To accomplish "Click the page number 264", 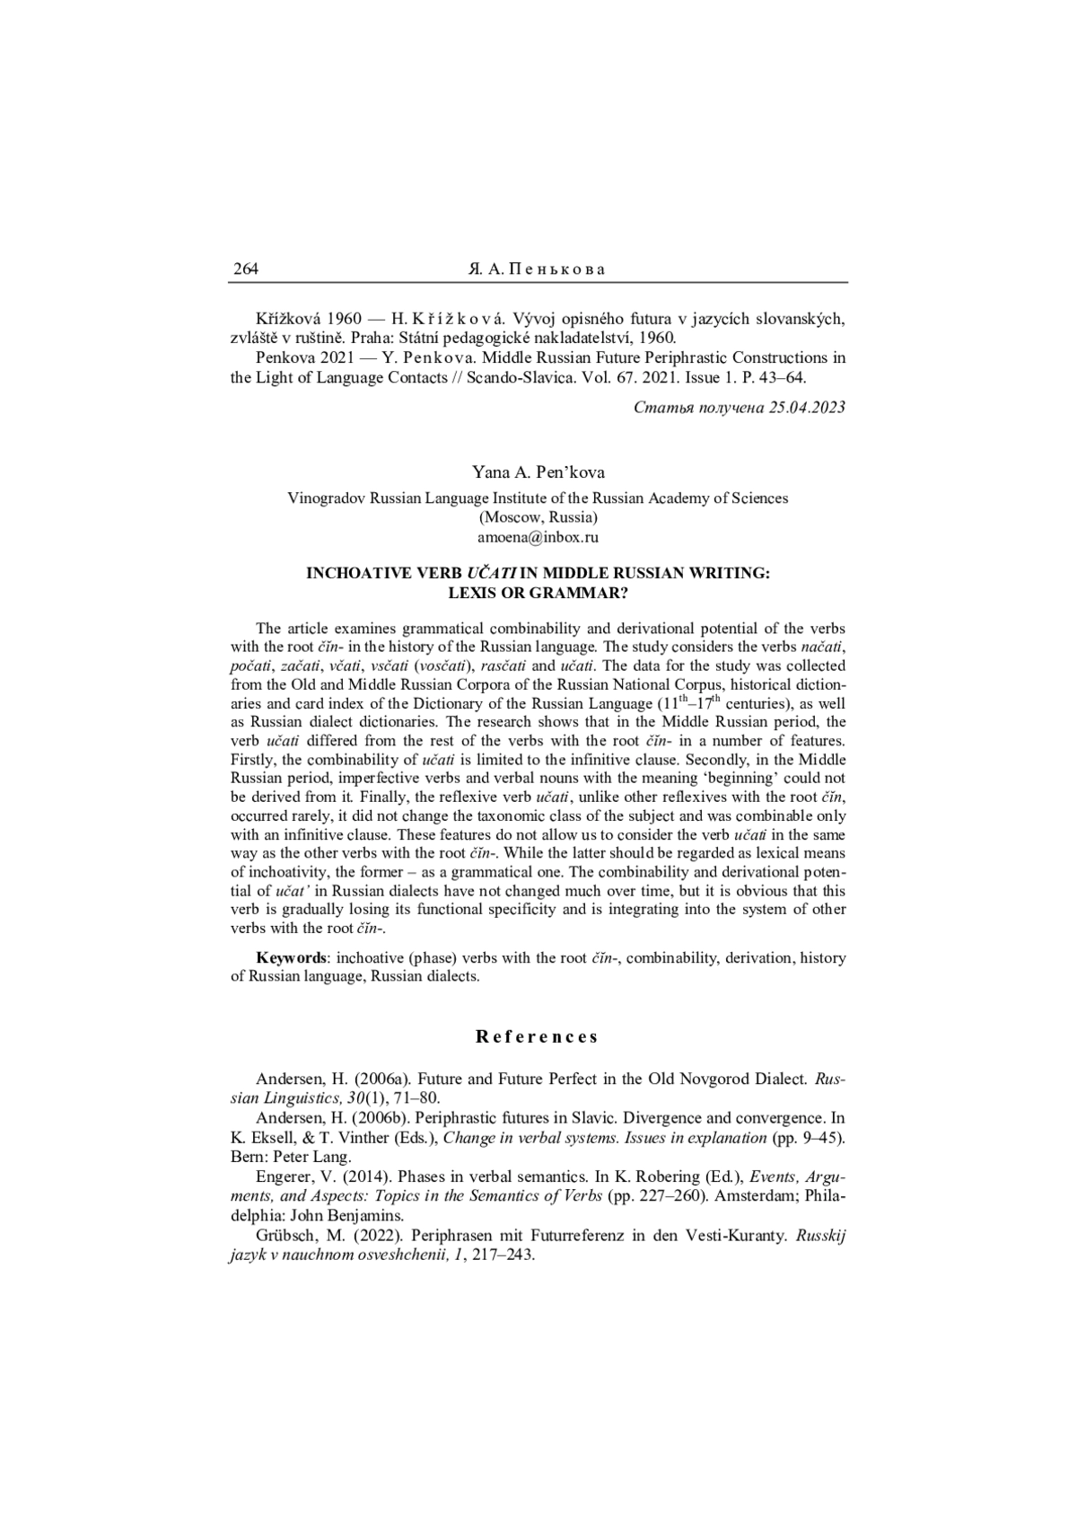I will tap(245, 269).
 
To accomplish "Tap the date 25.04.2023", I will tap(807, 407).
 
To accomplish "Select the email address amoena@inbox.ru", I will tap(538, 537).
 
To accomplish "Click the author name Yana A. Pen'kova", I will tap(538, 472).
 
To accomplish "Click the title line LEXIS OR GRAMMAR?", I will tap(538, 593).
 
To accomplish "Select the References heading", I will tap(538, 1037).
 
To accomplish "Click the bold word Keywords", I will tap(291, 957).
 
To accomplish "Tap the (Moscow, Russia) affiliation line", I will tap(538, 517).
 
